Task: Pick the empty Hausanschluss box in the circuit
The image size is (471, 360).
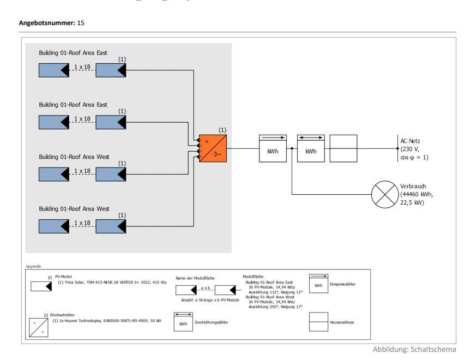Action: coord(344,147)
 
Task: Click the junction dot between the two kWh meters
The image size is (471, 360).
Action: coord(292,148)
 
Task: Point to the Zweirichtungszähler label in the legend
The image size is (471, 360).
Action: coord(212,323)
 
